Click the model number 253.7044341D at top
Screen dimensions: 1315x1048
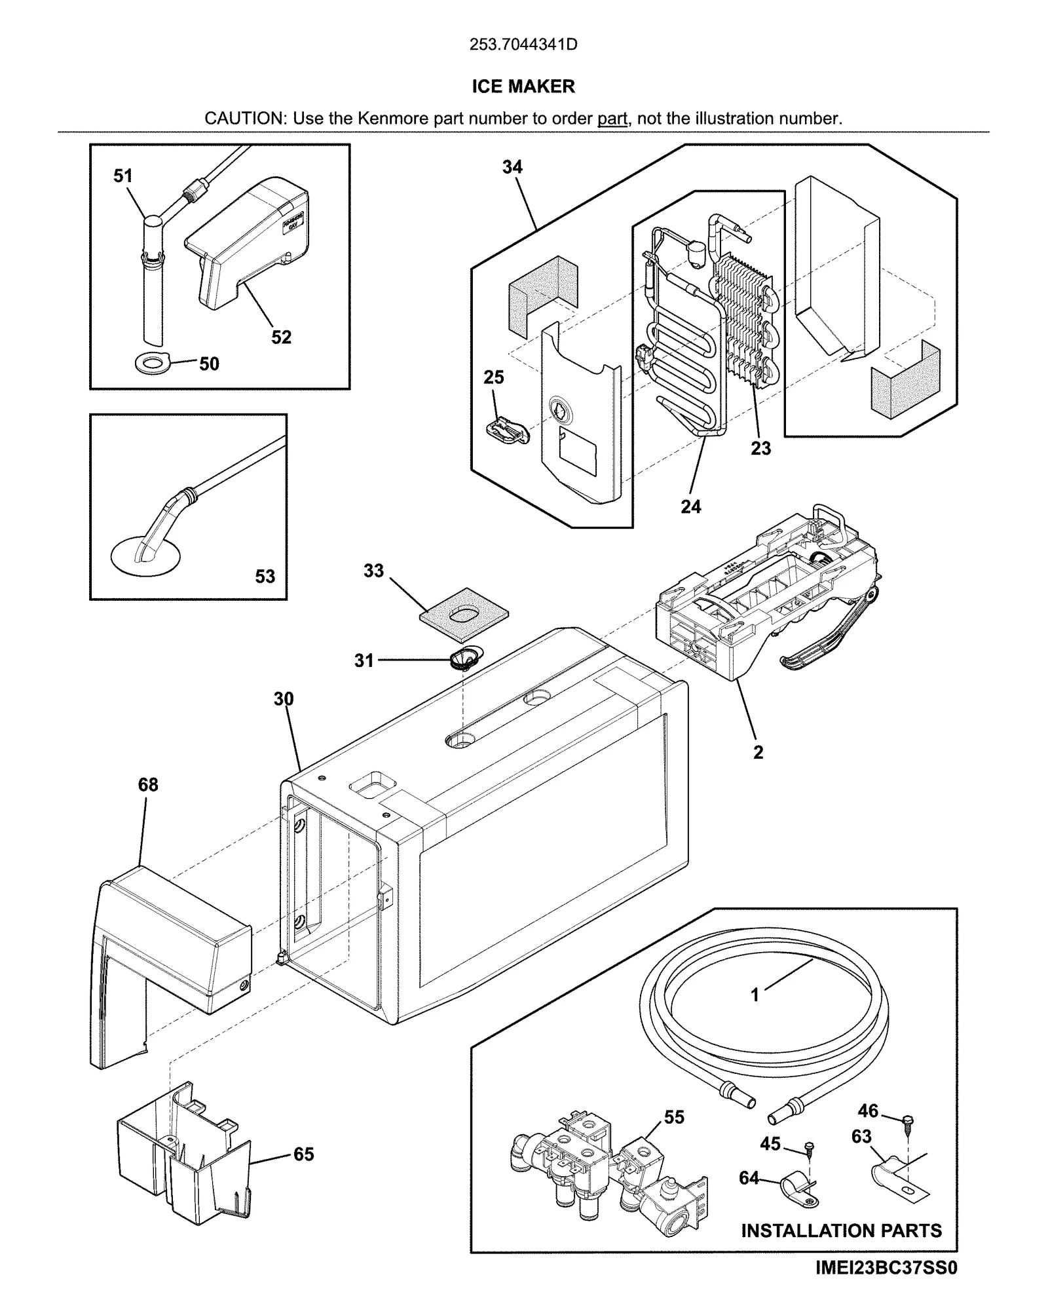tap(523, 45)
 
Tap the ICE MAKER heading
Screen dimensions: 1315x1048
tap(523, 86)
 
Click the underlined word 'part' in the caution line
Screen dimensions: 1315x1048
tap(612, 119)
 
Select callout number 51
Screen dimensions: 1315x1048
tap(123, 176)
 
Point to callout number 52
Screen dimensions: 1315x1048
tap(281, 337)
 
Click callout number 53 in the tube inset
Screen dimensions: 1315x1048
tap(265, 577)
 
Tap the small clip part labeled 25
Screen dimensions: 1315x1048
tap(506, 431)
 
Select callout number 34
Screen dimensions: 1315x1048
tap(512, 167)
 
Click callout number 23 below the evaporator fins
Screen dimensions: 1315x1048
tap(760, 448)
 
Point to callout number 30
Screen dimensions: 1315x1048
tap(284, 699)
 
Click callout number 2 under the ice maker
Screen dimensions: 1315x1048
tap(758, 752)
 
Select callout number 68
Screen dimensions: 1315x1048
tap(148, 784)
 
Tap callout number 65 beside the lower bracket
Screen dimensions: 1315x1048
tap(303, 1154)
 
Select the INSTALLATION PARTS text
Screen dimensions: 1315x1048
tap(841, 1230)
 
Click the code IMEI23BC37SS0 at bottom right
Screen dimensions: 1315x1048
tap(886, 1286)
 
